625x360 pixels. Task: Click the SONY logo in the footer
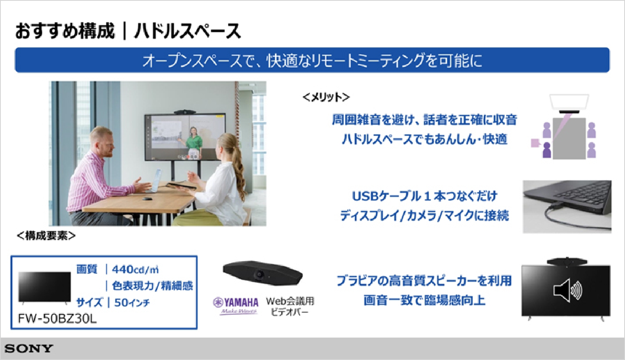pos(29,349)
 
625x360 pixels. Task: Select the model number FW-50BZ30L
pos(57,319)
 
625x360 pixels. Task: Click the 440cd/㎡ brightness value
pos(135,270)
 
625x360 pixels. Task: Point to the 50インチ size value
pos(132,303)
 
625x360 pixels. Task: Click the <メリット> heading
pos(326,97)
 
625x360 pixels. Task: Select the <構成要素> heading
pos(46,236)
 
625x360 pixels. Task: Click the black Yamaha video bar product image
pos(262,274)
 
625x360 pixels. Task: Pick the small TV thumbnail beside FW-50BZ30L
pos(45,287)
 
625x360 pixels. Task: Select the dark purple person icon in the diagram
pos(547,150)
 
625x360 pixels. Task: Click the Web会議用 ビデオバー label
pos(290,306)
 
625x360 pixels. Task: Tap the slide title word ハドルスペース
pos(187,31)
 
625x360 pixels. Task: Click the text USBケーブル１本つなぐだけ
pos(425,196)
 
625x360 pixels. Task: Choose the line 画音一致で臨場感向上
pos(424,300)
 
